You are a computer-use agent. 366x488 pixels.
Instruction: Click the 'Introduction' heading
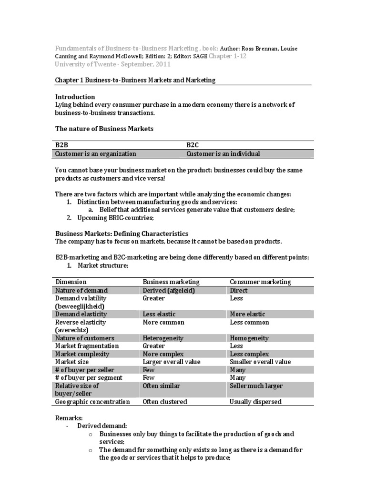pyautogui.click(x=75, y=97)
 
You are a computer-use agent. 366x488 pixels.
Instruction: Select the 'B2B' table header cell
pyautogui.click(x=62, y=145)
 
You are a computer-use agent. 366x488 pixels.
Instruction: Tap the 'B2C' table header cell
pyautogui.click(x=193, y=145)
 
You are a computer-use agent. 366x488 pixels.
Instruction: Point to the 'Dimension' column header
pyautogui.click(x=71, y=282)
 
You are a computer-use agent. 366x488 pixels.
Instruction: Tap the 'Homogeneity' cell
pyautogui.click(x=249, y=338)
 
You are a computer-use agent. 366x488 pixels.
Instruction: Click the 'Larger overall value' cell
pyautogui.click(x=172, y=362)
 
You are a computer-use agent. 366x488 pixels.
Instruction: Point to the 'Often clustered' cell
pyautogui.click(x=165, y=401)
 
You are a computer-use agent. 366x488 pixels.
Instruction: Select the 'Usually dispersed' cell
pyautogui.click(x=255, y=401)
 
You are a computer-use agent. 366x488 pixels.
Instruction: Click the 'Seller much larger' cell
pyautogui.click(x=256, y=386)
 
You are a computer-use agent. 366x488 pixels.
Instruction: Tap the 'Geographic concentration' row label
pyautogui.click(x=92, y=401)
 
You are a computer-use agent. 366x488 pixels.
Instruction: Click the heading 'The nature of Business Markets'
pyautogui.click(x=104, y=129)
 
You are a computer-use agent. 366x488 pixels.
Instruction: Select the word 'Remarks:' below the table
pyautogui.click(x=69, y=417)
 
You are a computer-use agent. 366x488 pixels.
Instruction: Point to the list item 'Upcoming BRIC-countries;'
pyautogui.click(x=116, y=218)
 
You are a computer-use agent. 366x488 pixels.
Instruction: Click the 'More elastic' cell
pyautogui.click(x=247, y=314)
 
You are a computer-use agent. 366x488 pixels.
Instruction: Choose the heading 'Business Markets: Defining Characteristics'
pyautogui.click(x=122, y=234)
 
